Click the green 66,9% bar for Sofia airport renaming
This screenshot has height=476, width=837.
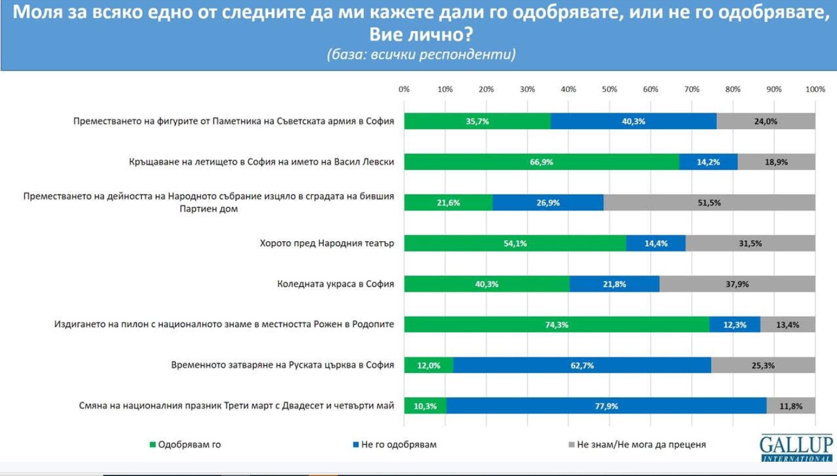(x=541, y=161)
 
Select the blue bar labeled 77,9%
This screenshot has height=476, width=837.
(x=606, y=406)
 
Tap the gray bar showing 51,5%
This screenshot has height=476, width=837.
(x=709, y=203)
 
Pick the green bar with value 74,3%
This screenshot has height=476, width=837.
(x=557, y=325)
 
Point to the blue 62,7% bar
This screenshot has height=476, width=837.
(x=582, y=365)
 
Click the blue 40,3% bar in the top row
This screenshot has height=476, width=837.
(x=633, y=121)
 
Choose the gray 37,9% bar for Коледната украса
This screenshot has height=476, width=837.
(x=737, y=284)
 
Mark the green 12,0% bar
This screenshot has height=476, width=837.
(x=428, y=365)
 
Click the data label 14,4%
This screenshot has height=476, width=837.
(x=656, y=243)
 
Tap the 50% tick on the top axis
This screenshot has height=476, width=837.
(x=609, y=89)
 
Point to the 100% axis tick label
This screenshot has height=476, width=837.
(x=815, y=89)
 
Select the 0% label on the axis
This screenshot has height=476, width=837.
(x=404, y=89)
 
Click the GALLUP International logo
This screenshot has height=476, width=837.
(x=796, y=447)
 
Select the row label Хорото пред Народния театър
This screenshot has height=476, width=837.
(x=327, y=243)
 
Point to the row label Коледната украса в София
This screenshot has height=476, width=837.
(x=335, y=284)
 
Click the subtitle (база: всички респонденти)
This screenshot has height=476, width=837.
(x=421, y=54)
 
